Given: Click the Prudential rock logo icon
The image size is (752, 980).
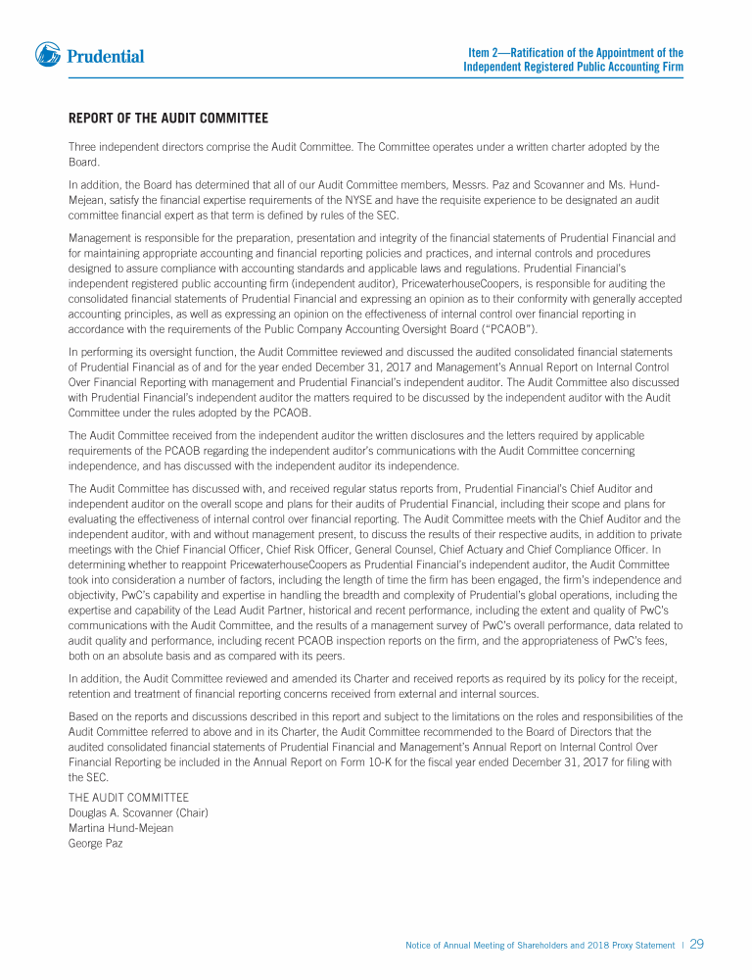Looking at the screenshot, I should [x=48, y=55].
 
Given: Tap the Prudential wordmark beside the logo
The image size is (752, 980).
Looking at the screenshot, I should [x=106, y=57].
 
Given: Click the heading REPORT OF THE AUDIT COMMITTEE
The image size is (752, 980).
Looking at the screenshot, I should [x=168, y=119].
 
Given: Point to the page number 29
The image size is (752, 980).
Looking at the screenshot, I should [x=697, y=945].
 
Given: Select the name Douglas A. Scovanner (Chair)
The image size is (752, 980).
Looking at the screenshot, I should [x=138, y=812].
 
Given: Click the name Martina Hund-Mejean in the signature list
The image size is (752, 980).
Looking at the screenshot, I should [x=121, y=828].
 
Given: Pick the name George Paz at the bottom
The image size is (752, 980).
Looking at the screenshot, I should [x=95, y=843].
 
